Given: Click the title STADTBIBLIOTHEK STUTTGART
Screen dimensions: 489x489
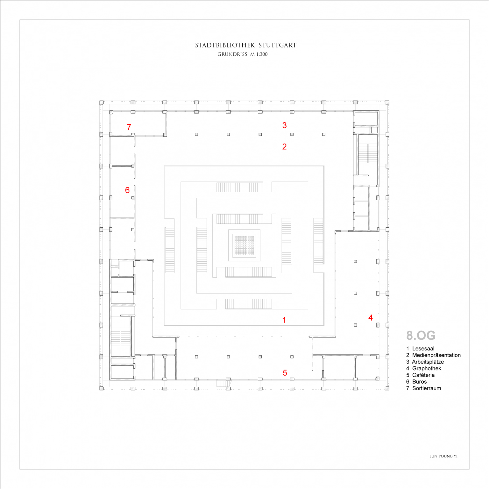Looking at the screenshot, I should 245,45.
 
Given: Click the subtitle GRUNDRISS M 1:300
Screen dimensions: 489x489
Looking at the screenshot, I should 242,54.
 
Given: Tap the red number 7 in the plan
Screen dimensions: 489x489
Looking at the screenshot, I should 129,127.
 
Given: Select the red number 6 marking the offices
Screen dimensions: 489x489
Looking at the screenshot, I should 127,190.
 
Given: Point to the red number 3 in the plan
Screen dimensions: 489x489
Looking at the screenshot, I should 285,125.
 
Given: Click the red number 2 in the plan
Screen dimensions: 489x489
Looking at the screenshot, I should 284,146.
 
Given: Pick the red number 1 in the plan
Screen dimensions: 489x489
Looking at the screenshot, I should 284,320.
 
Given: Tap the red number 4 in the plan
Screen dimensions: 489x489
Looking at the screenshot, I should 371,318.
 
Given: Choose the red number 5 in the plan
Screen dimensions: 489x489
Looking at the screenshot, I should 285,373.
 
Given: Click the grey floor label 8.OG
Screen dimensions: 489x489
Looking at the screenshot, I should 421,336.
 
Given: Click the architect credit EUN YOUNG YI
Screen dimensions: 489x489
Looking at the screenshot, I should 443,456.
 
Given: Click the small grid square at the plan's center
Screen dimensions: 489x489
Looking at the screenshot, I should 244,245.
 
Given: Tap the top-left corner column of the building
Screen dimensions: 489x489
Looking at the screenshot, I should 102,103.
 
